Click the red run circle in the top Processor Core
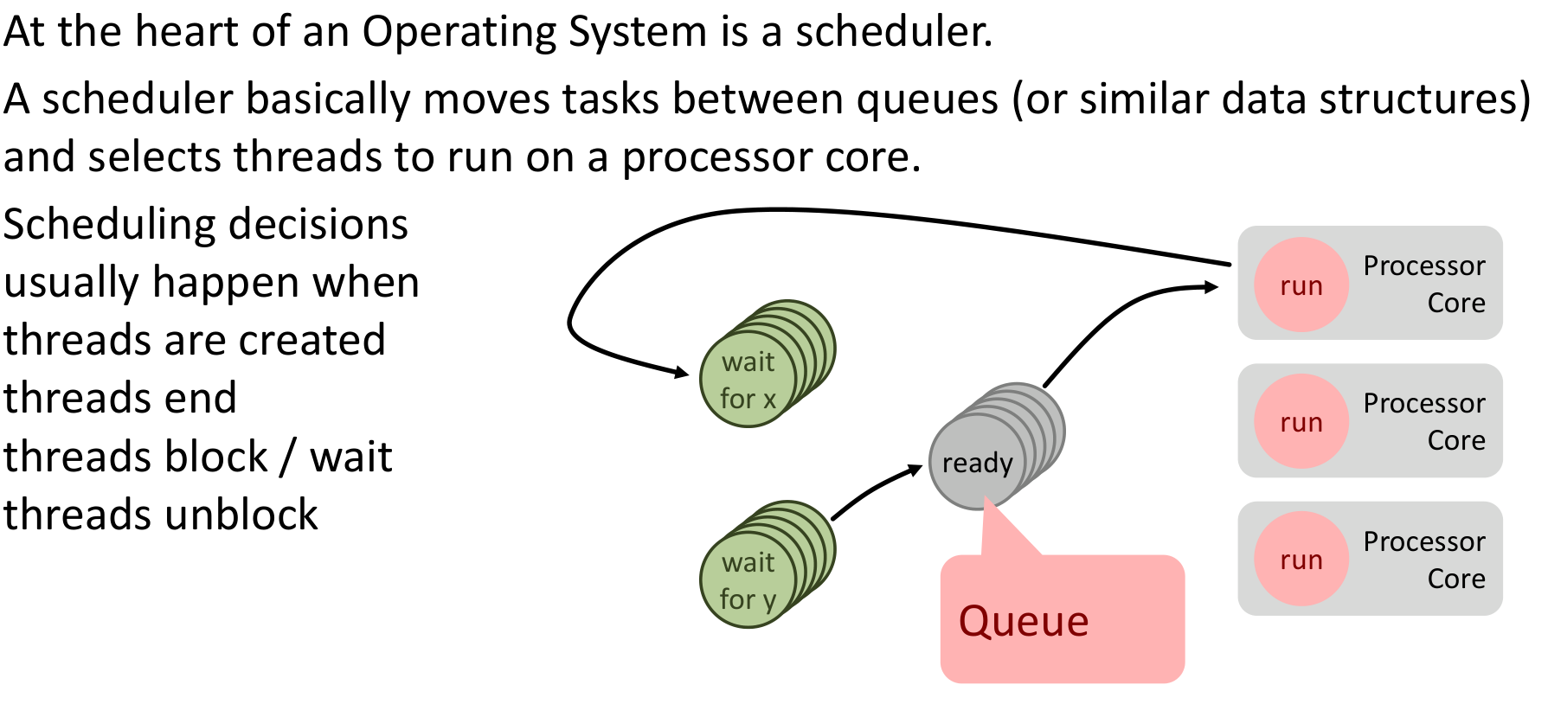(x=1301, y=285)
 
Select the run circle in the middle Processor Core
(x=1301, y=422)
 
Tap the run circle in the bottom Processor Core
(x=1301, y=560)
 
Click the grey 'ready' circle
(x=977, y=463)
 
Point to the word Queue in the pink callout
(x=1024, y=621)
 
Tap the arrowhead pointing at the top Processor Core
(x=1211, y=287)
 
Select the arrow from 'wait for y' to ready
(x=874, y=490)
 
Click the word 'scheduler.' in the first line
(x=894, y=32)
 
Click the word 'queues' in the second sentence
(x=927, y=99)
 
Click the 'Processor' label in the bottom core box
(x=1423, y=541)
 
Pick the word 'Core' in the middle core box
(x=1455, y=440)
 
